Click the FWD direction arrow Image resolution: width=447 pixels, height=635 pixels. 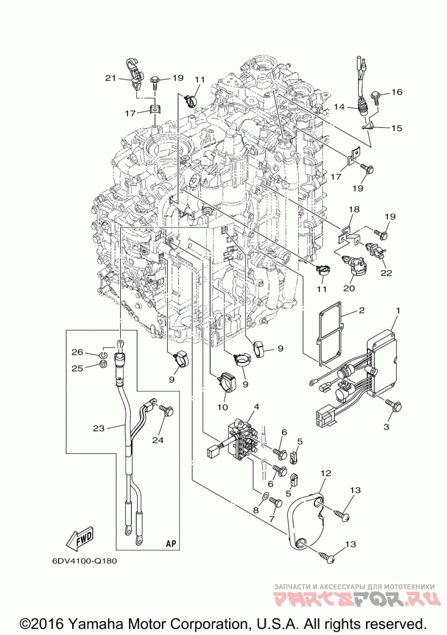coord(79,537)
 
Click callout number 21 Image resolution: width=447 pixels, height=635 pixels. coord(109,78)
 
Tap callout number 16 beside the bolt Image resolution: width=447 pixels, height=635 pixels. coord(397,92)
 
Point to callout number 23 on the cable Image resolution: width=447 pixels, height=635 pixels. coord(99,429)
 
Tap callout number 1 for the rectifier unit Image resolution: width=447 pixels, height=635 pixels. coord(398,310)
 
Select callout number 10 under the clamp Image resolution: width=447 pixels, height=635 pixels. coord(222,407)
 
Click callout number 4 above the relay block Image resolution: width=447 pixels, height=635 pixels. coord(256,406)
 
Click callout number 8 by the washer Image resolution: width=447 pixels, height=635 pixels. coord(256,509)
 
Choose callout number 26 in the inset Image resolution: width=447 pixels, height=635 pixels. coord(77,352)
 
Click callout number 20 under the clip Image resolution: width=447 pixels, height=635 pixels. coord(349,288)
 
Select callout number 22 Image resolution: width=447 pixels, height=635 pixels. coord(387,273)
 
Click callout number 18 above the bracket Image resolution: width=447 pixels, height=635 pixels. coord(354,209)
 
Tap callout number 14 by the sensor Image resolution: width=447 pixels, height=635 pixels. coord(339,106)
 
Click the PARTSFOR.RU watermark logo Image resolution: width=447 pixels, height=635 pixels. coord(355,600)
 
